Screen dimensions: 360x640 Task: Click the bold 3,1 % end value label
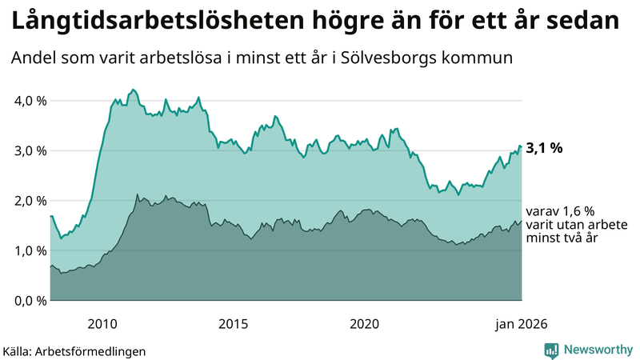pyautogui.click(x=544, y=148)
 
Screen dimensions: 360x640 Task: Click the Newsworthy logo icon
pyautogui.click(x=551, y=350)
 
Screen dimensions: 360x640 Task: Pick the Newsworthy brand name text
pyautogui.click(x=597, y=350)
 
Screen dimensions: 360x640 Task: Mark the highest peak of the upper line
pyautogui.click(x=134, y=90)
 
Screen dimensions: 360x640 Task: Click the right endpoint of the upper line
pyautogui.click(x=521, y=146)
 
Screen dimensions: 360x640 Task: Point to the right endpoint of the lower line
pyautogui.click(x=521, y=221)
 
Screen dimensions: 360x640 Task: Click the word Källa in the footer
pyautogui.click(x=22, y=351)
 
